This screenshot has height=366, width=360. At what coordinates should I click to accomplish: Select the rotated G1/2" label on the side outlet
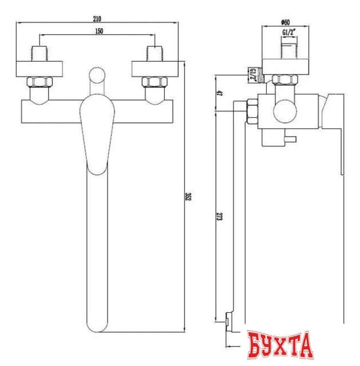tap(252, 74)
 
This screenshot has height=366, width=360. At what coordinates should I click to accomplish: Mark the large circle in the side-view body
tap(284, 110)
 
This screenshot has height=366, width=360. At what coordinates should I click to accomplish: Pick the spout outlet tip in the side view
tap(228, 323)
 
